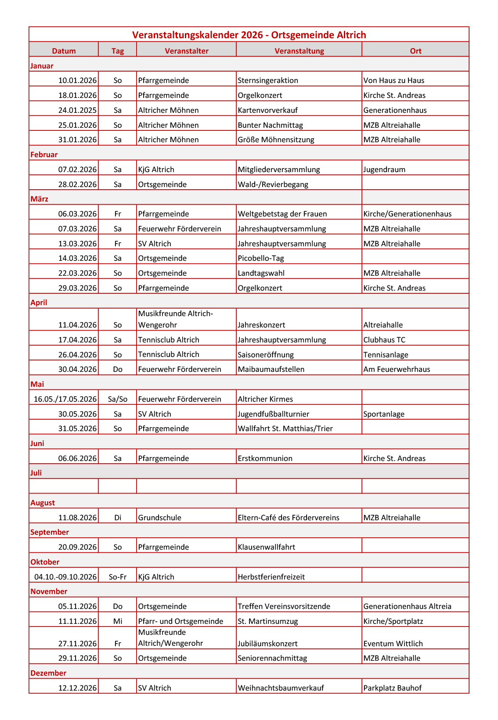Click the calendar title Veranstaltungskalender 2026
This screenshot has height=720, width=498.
pos(249,35)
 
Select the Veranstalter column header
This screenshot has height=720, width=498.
pos(187,51)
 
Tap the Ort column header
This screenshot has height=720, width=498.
pos(415,51)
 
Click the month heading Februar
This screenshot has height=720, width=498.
pos(44,155)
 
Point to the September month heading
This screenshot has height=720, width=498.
pos(50,532)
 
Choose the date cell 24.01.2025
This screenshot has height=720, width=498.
pos(77,110)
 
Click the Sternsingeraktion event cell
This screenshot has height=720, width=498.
pos(268,80)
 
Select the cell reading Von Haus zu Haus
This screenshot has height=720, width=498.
pos(394,80)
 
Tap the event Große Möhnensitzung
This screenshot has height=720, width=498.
pos(276,140)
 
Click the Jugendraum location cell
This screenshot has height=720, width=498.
pos(384,169)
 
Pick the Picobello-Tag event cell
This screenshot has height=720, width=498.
pos(261,258)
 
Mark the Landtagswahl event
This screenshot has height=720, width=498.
pos(261,273)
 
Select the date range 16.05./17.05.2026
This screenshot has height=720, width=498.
pos(65,399)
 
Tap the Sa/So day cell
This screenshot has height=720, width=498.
pos(118,399)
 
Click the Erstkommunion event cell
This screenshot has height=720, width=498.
pos(265,458)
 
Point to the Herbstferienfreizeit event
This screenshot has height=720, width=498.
pos(271,577)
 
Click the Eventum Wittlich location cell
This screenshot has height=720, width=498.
pos(393,644)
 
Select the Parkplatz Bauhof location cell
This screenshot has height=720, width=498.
pos(392,688)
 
